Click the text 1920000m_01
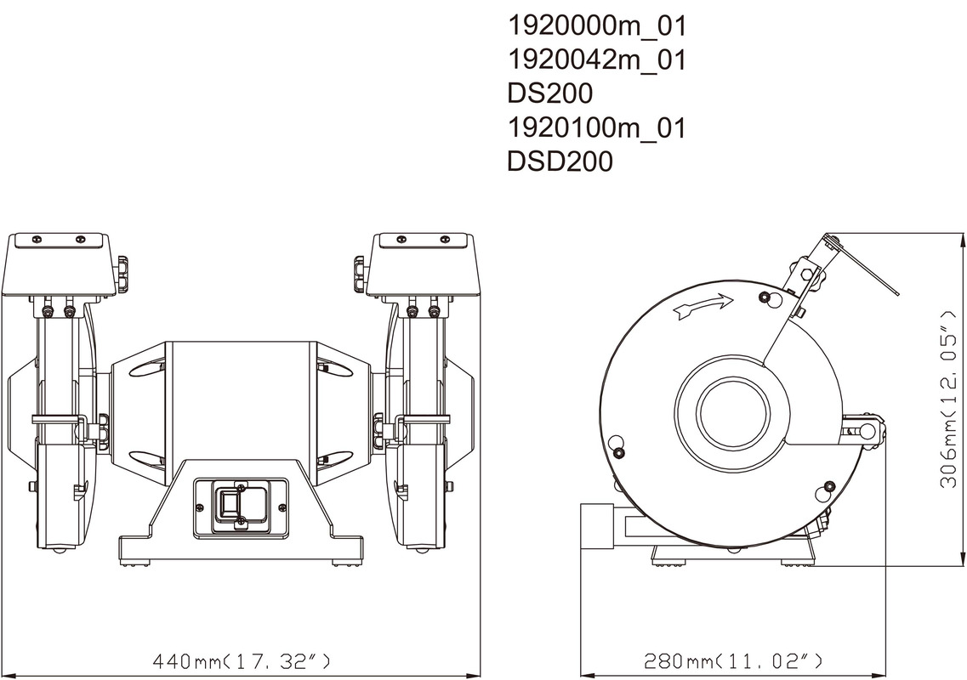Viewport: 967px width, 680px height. [596, 26]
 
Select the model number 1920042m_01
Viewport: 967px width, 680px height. [596, 60]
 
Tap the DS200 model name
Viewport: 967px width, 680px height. [549, 93]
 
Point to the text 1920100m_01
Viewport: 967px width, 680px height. [596, 128]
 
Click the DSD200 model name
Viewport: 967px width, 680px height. [560, 161]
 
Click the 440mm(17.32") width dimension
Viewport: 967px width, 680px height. [242, 661]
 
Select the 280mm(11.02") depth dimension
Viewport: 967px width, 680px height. [733, 661]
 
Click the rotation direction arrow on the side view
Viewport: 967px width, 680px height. [704, 306]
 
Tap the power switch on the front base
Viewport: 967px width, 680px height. [241, 506]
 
